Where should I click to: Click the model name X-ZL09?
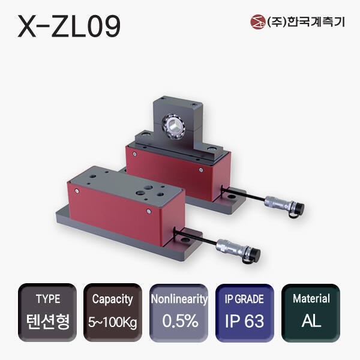(x=69, y=26)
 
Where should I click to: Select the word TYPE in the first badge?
(x=48, y=299)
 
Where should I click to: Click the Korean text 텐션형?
(x=48, y=320)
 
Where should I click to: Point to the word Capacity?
(x=112, y=299)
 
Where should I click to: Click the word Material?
(x=311, y=299)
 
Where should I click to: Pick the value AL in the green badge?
(x=311, y=321)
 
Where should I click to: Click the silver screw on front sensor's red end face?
(x=148, y=211)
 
